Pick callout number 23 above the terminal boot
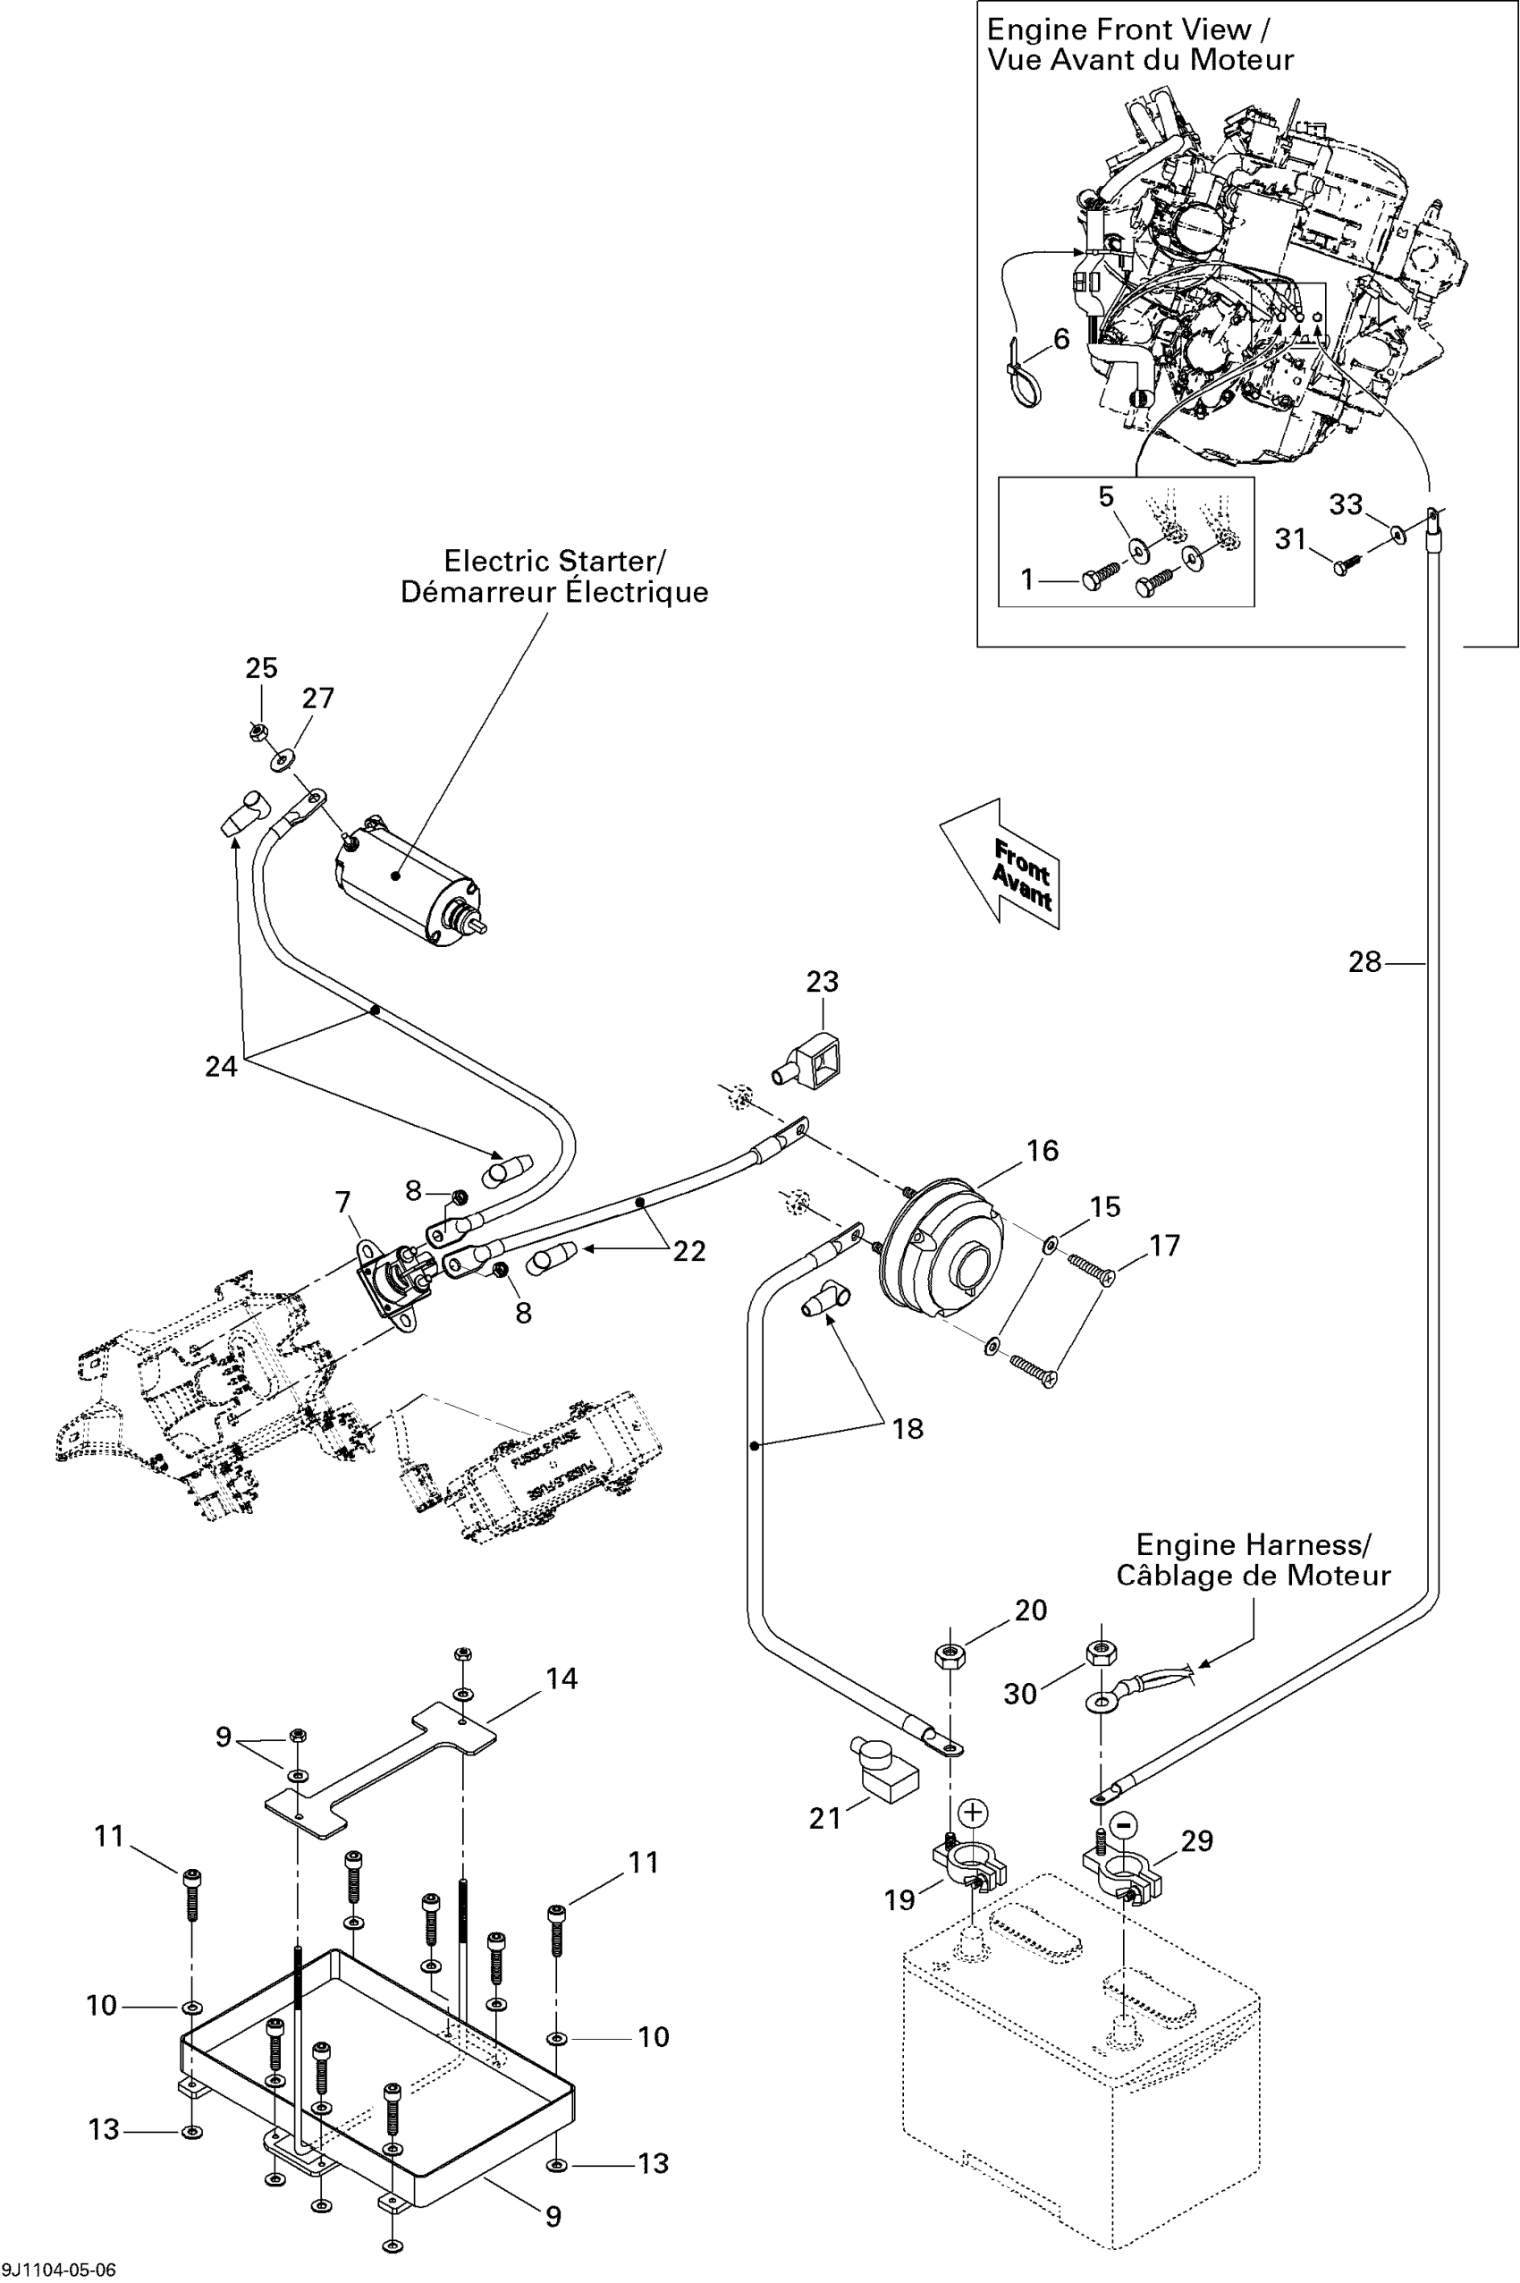tap(822, 981)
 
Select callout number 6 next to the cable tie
tap(1061, 338)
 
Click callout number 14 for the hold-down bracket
tap(562, 1678)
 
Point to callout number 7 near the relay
tap(343, 1202)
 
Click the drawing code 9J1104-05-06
tap(59, 2270)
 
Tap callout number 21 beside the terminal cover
tap(825, 1818)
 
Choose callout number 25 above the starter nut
tap(261, 667)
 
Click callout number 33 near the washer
tap(1346, 504)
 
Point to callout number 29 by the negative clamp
tap(1197, 1841)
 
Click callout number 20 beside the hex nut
tap(1030, 1611)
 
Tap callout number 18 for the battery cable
tap(908, 1428)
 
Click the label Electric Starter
tap(553, 562)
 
